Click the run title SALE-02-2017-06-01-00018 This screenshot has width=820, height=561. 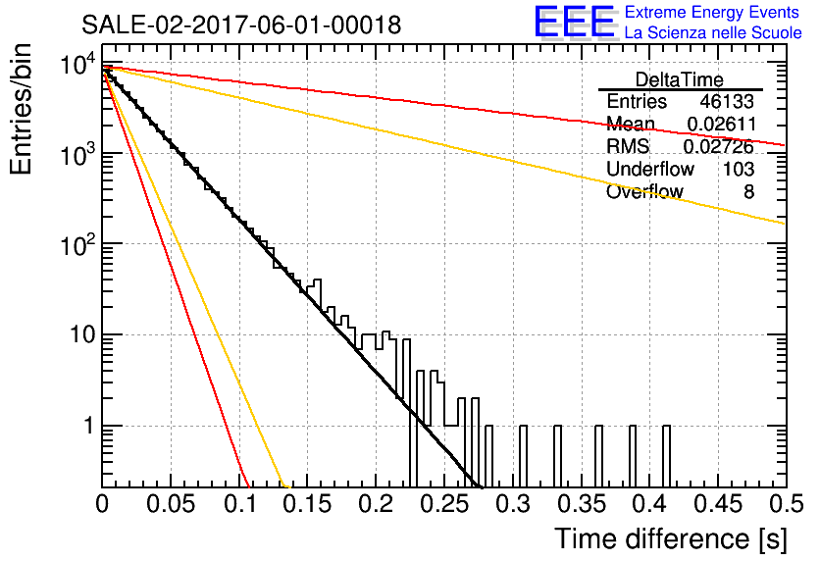(x=241, y=25)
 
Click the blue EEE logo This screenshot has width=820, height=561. (x=574, y=22)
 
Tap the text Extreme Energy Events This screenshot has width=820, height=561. (x=712, y=12)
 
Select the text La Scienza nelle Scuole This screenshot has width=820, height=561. (x=713, y=32)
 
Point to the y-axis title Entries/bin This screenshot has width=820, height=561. (x=21, y=110)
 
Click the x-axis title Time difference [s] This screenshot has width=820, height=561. (x=671, y=538)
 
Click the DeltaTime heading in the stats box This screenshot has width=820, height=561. (x=680, y=79)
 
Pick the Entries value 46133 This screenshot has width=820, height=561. (x=727, y=101)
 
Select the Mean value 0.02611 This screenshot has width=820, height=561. (x=721, y=124)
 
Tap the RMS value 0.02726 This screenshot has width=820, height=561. (x=719, y=146)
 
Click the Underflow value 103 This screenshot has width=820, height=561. (x=739, y=169)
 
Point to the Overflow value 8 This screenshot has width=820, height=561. (x=748, y=192)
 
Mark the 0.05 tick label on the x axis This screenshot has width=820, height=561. (x=171, y=504)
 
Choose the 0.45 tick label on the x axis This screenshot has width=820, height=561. (x=719, y=504)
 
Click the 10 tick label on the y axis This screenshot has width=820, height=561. (x=82, y=334)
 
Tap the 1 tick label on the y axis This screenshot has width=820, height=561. (x=88, y=426)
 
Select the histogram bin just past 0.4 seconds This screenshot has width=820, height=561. (x=666, y=456)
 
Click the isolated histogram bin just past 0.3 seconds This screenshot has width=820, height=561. (x=523, y=456)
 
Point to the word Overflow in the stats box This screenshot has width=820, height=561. (x=644, y=192)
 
